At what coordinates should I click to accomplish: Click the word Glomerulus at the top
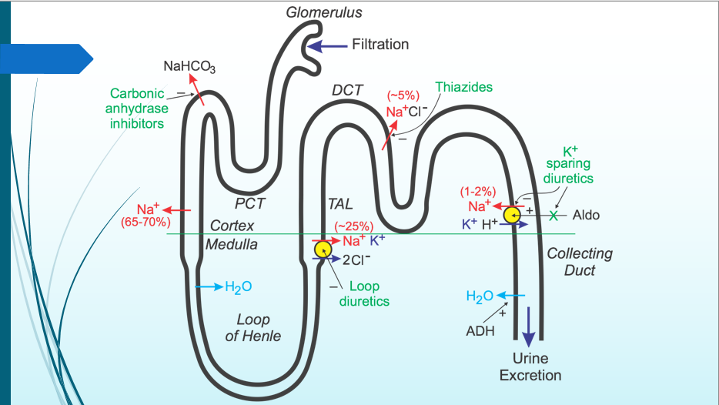[324, 12]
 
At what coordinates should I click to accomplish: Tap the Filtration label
[380, 45]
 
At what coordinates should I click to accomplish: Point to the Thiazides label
[463, 87]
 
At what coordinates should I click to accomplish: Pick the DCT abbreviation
[347, 90]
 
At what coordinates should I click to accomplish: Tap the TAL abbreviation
[339, 204]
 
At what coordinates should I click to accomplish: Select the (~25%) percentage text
[353, 226]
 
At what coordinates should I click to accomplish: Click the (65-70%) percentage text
[147, 223]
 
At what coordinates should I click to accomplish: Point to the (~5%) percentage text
[403, 96]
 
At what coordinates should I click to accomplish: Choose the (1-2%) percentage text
[477, 191]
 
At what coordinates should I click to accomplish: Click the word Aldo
[586, 215]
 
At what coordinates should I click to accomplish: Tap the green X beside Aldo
[552, 215]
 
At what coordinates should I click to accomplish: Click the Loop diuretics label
[364, 294]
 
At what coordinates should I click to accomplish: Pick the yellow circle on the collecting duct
[512, 215]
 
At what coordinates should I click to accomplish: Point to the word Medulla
[232, 244]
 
